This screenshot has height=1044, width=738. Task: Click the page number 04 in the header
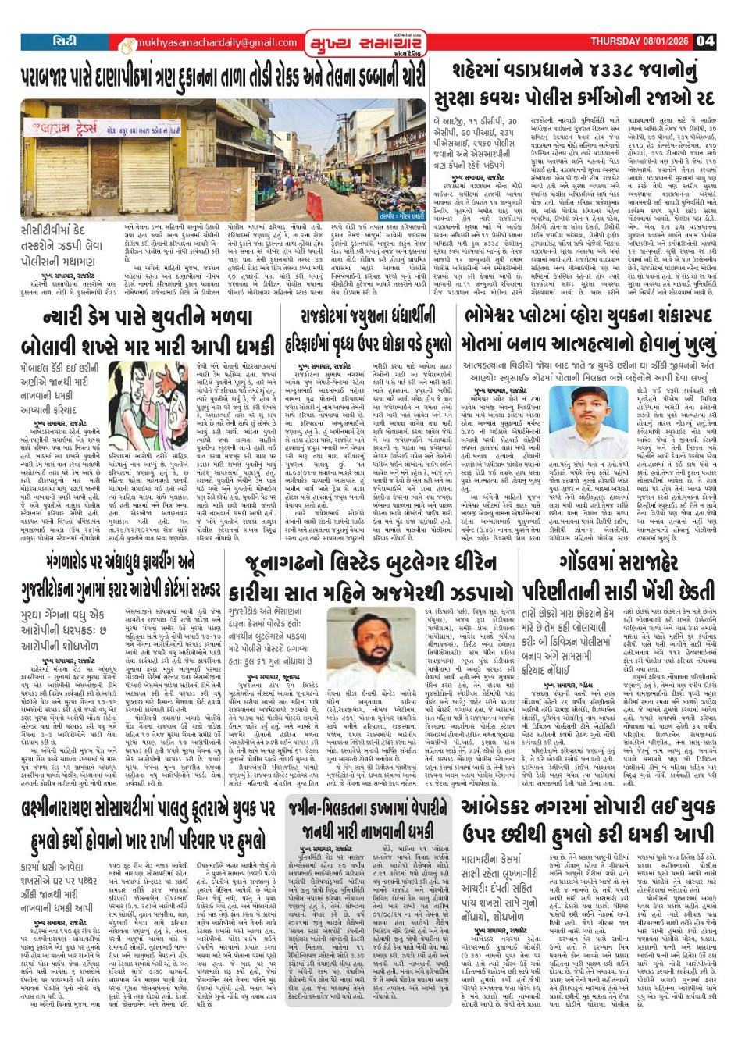pos(704,41)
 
